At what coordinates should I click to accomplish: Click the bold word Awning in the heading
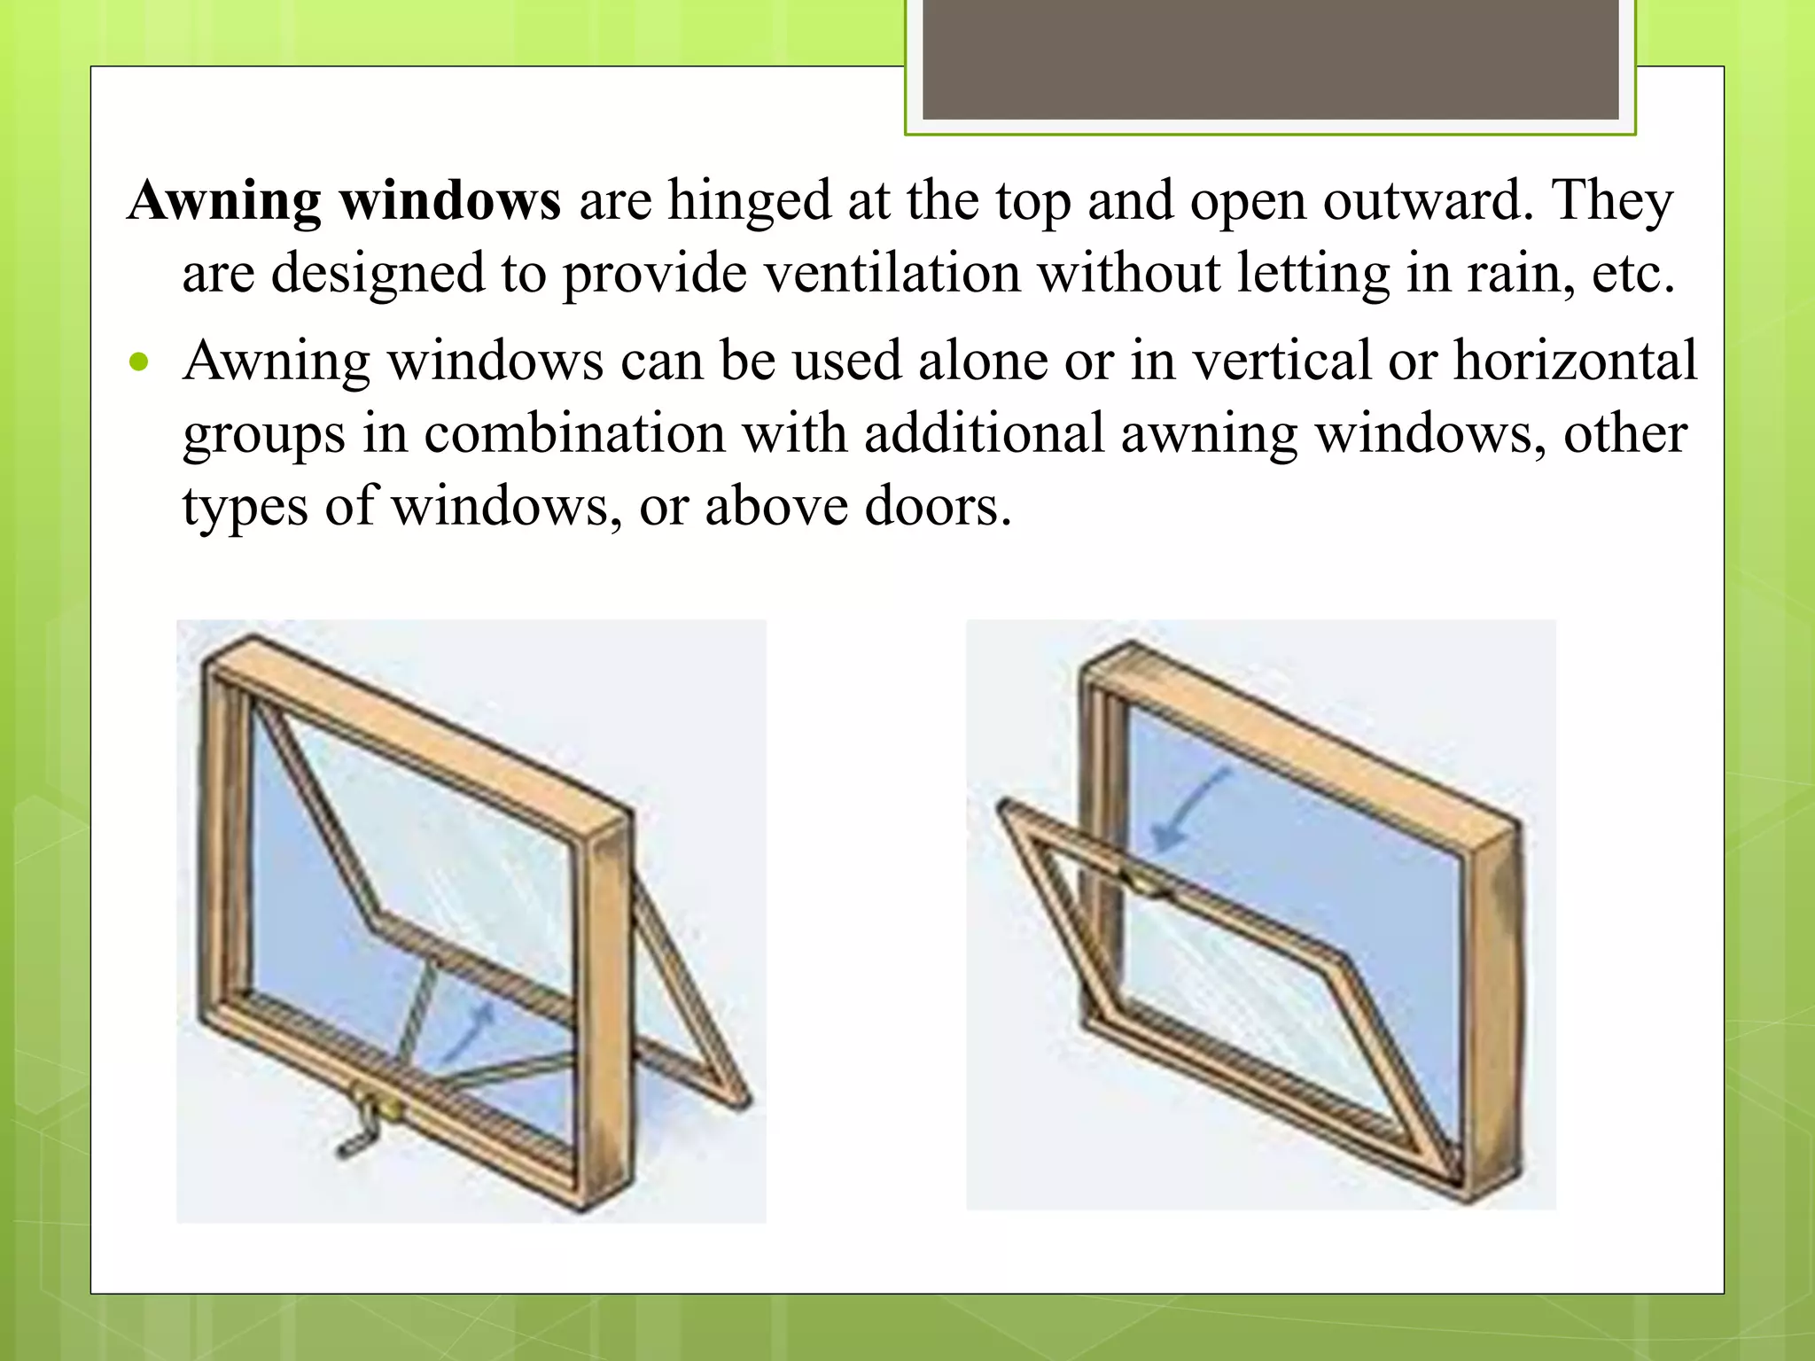pyautogui.click(x=224, y=202)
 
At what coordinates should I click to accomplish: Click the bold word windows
pyautogui.click(x=450, y=200)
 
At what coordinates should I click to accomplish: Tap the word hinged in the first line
pyautogui.click(x=749, y=202)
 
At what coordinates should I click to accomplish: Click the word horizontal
pyautogui.click(x=1575, y=362)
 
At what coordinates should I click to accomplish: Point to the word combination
pyautogui.click(x=574, y=434)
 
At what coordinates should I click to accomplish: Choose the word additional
pyautogui.click(x=984, y=434)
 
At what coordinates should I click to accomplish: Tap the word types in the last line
pyautogui.click(x=245, y=509)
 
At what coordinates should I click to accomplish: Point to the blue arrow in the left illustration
pyautogui.click(x=468, y=1032)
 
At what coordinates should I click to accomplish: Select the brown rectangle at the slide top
pyautogui.click(x=1270, y=59)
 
